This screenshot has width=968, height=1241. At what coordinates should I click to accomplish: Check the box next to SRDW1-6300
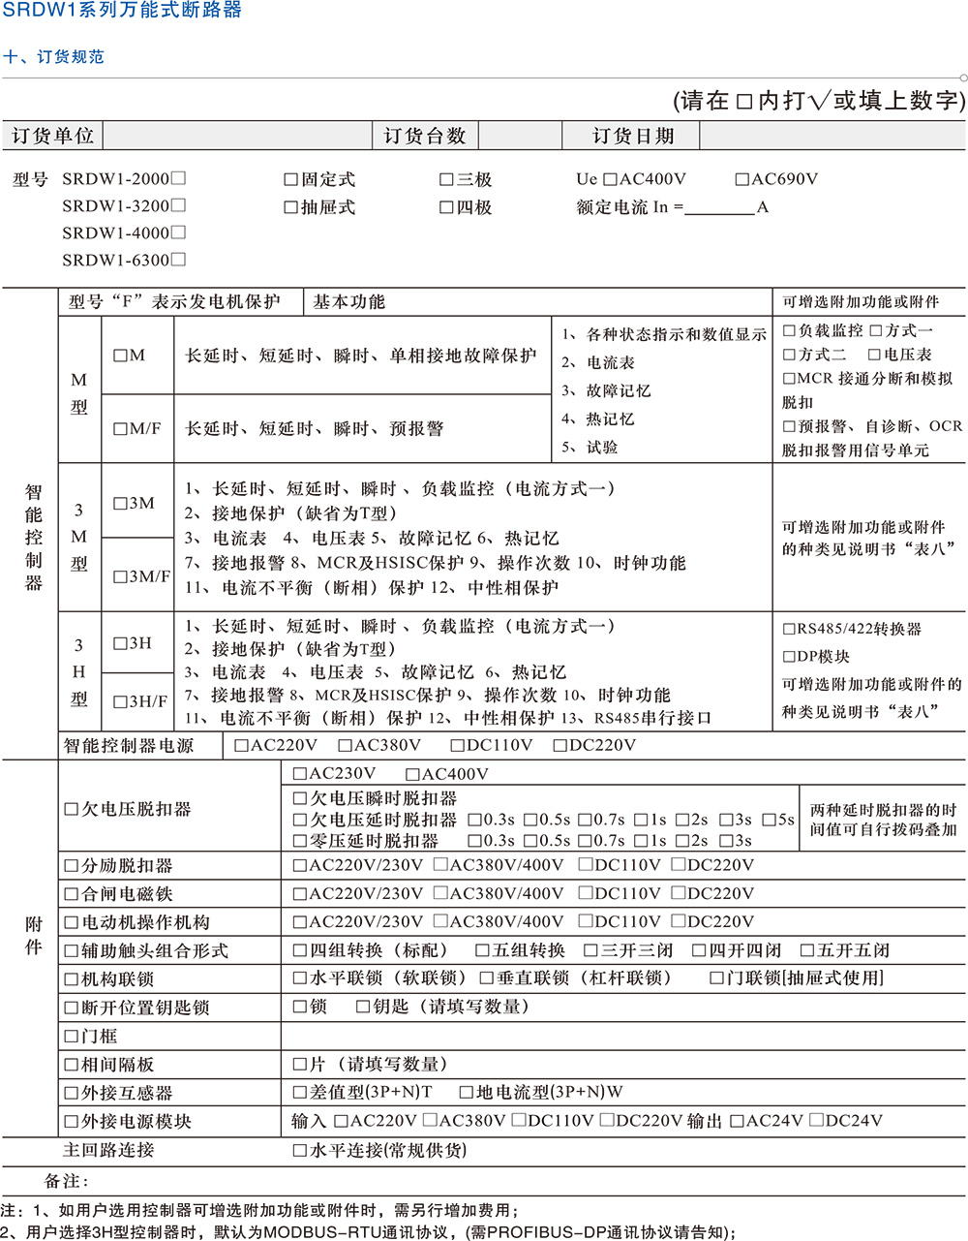[x=178, y=260]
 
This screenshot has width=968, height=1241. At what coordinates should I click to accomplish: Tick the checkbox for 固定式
[x=290, y=180]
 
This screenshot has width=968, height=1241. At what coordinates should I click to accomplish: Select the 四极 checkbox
[x=446, y=207]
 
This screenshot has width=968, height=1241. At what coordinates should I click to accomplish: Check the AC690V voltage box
[x=742, y=179]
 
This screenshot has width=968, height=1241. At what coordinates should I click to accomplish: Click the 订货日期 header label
[x=633, y=137]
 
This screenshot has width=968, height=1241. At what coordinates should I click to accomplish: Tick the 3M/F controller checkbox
[x=121, y=576]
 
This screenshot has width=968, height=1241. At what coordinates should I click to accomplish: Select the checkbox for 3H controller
[x=121, y=643]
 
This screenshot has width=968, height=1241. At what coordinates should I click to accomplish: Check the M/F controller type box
[x=121, y=428]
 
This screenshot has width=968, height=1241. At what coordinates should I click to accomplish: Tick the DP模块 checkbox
[x=789, y=657]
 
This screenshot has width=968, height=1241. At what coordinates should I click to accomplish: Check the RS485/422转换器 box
[x=789, y=630]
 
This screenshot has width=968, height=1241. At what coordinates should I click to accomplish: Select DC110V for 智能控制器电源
[x=458, y=746]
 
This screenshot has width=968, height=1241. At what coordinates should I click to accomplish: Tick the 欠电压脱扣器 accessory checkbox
[x=72, y=809]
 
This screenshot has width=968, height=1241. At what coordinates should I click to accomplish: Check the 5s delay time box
[x=769, y=820]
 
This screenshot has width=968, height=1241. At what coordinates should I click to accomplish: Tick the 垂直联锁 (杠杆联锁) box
[x=487, y=978]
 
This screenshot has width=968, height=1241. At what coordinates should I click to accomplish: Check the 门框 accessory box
[x=72, y=1037]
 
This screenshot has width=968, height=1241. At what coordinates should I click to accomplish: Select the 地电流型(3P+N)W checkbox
[x=467, y=1093]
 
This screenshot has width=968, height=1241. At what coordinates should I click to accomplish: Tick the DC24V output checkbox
[x=817, y=1121]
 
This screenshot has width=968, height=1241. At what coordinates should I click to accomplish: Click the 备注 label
[x=66, y=1181]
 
